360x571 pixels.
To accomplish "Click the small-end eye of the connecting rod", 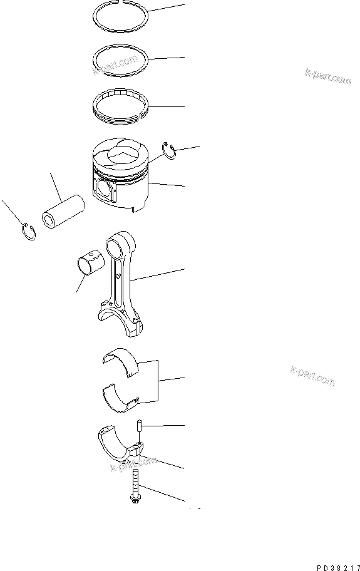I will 120,239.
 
